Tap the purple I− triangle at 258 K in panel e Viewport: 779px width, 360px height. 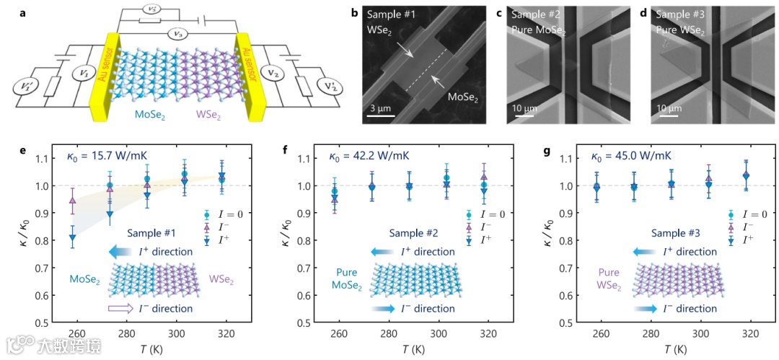point(73,201)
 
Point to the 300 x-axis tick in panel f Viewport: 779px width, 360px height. point(436,334)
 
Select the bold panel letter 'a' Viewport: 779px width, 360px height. point(13,9)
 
